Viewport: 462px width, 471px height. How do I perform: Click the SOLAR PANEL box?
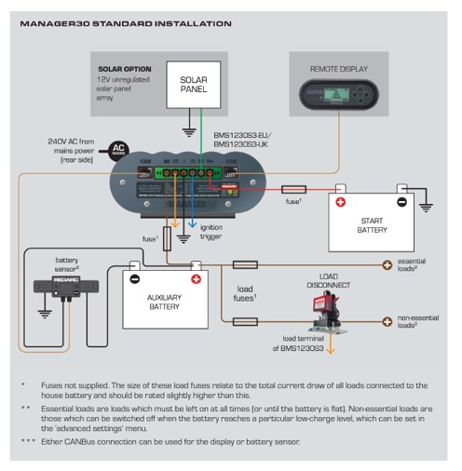[x=193, y=86]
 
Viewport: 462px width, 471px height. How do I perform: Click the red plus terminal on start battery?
[x=341, y=202]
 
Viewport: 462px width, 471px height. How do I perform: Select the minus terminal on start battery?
[x=401, y=202]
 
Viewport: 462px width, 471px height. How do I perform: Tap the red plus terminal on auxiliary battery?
[x=197, y=278]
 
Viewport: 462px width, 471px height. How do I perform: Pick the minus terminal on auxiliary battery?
[x=135, y=278]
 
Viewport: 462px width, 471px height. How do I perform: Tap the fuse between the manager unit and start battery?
[x=293, y=189]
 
